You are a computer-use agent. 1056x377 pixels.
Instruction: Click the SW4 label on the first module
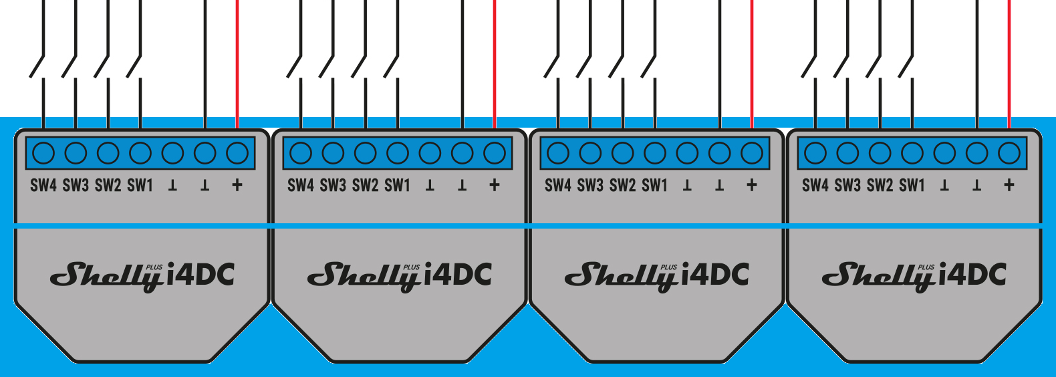[43, 185]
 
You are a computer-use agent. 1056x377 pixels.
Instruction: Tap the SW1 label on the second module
[398, 185]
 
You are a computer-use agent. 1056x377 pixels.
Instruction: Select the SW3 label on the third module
[590, 185]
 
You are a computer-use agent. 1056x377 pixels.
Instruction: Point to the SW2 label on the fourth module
[880, 185]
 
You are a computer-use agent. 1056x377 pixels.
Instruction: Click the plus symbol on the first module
[237, 185]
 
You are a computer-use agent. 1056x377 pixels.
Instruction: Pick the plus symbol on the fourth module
[1009, 185]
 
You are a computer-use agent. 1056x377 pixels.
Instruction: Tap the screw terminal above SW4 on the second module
[301, 153]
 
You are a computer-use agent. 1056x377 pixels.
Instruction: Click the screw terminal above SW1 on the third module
[655, 153]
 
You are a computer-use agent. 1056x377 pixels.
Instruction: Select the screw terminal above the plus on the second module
[495, 153]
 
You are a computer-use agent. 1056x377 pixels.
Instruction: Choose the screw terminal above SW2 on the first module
[108, 153]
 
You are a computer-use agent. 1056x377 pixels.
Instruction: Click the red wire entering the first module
[237, 64]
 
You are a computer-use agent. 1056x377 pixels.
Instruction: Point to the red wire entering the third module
[751, 64]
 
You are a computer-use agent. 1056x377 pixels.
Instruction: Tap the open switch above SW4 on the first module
[37, 66]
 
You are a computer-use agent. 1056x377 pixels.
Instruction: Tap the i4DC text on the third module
[715, 274]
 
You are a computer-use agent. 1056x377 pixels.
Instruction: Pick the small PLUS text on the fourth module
[926, 267]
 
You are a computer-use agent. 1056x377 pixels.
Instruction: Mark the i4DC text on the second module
[458, 274]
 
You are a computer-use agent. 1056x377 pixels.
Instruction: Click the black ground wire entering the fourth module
[977, 64]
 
